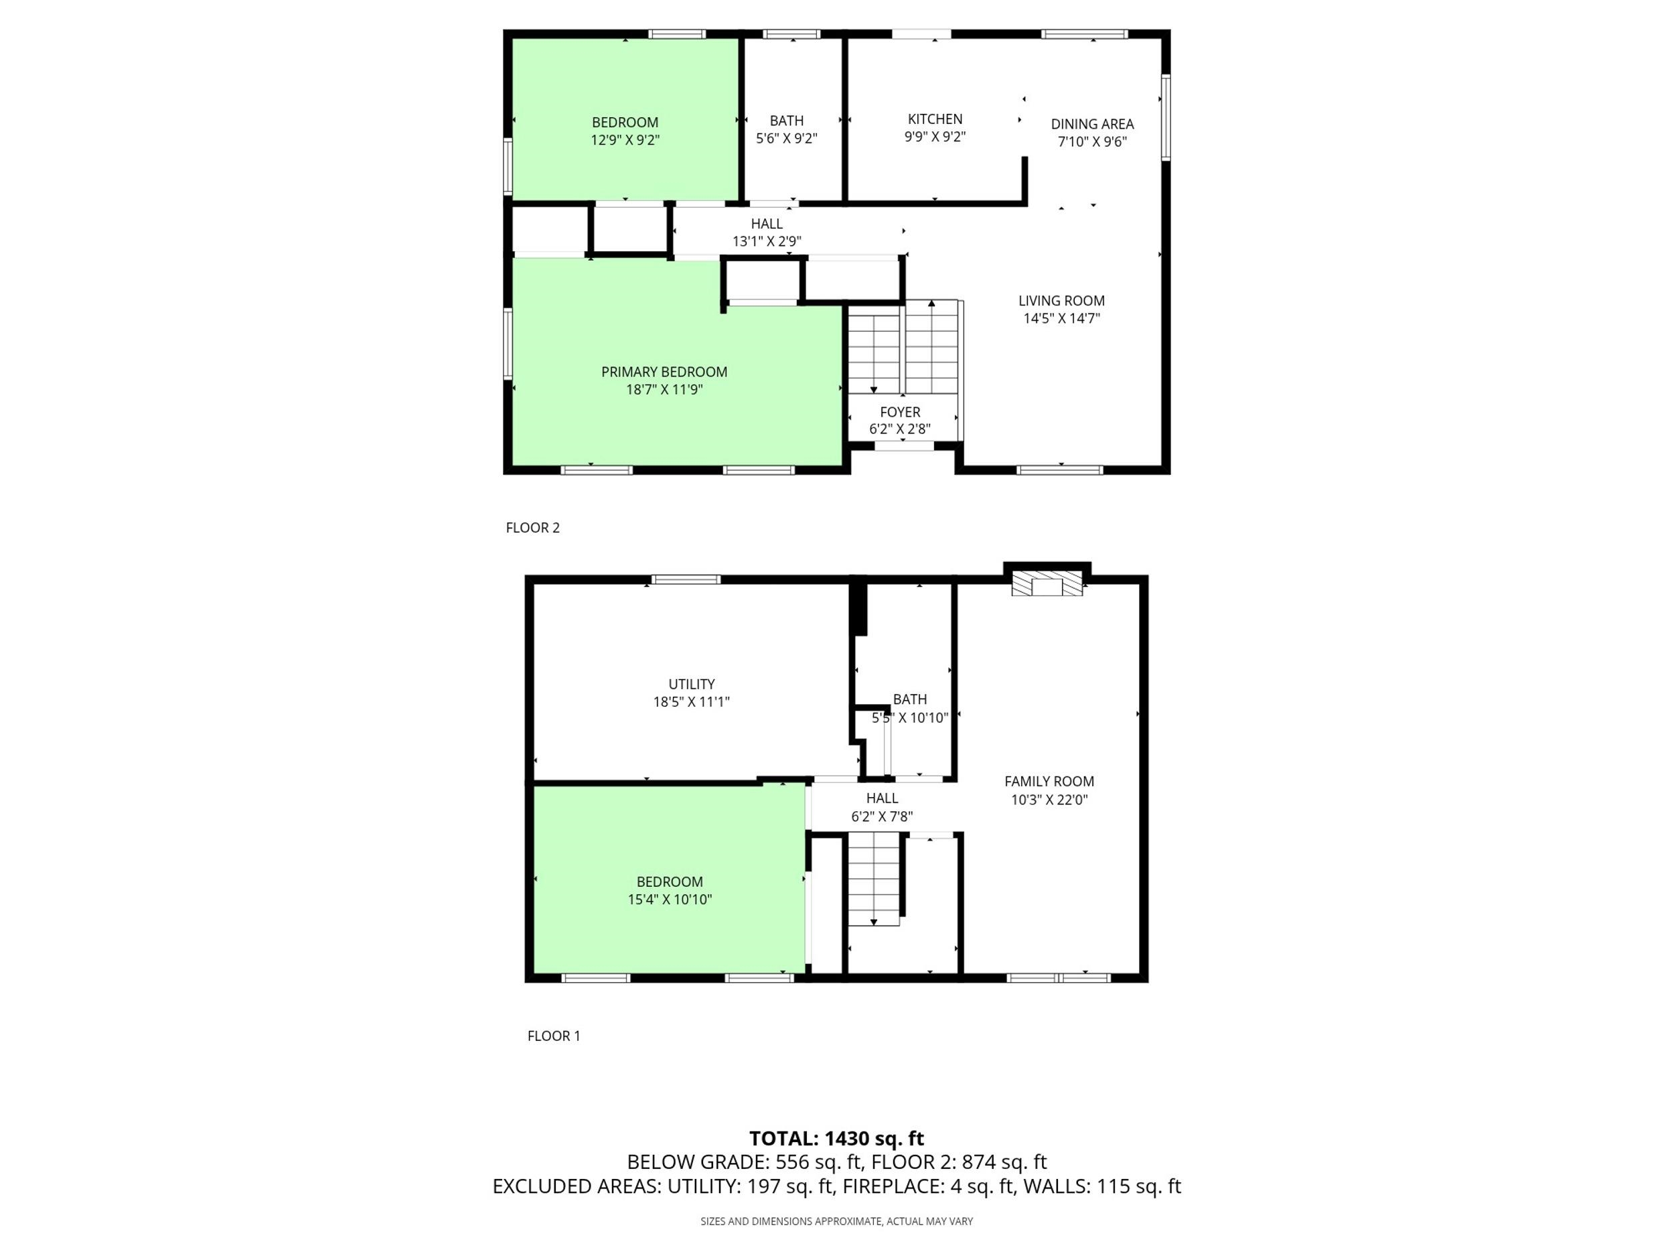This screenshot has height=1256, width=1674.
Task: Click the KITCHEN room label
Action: (935, 119)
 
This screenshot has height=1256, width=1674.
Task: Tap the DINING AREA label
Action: (1092, 124)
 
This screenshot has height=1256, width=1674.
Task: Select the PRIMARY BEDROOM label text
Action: (664, 372)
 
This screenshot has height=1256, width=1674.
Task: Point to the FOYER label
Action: (900, 412)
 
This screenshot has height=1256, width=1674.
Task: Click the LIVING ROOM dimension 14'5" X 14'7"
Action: (1061, 319)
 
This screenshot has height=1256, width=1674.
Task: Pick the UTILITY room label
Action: (691, 685)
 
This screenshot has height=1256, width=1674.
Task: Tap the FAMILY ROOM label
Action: (1049, 781)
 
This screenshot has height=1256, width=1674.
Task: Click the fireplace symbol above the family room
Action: (1047, 583)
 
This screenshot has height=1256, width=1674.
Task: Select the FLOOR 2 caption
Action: (533, 528)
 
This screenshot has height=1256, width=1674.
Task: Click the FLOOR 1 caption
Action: (554, 1036)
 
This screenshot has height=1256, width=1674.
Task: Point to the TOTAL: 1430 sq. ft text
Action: (836, 1139)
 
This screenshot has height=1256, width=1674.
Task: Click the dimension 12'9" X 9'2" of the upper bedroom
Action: (625, 140)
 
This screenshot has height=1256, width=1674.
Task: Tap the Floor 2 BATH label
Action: (786, 121)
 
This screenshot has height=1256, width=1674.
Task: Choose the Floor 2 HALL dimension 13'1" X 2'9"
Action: (767, 242)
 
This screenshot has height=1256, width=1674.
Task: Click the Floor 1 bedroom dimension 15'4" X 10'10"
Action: (670, 900)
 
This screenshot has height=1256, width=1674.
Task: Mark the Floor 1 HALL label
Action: (882, 798)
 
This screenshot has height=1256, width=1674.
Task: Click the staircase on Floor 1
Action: (874, 878)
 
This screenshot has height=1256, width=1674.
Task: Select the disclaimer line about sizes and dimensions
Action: (836, 1221)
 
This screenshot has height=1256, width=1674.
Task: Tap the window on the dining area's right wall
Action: (1166, 117)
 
